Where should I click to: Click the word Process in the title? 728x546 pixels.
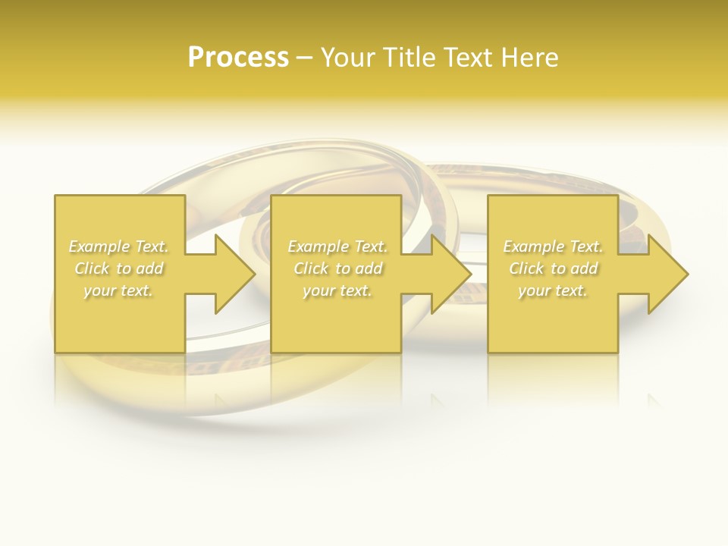click(238, 58)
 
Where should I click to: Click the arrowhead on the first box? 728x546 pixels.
click(236, 274)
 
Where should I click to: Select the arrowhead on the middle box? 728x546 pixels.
click(452, 274)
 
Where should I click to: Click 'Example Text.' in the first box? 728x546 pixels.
click(118, 246)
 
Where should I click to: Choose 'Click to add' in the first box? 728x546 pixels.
click(118, 268)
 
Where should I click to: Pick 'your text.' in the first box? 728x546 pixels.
click(118, 290)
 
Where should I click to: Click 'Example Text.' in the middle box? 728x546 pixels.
click(337, 246)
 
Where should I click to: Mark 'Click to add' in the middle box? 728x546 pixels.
click(337, 268)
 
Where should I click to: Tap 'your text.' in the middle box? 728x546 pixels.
click(337, 290)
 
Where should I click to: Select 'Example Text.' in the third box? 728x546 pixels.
click(553, 246)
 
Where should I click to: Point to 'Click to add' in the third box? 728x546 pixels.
click(553, 268)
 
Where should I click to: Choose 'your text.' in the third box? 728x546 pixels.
click(553, 290)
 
